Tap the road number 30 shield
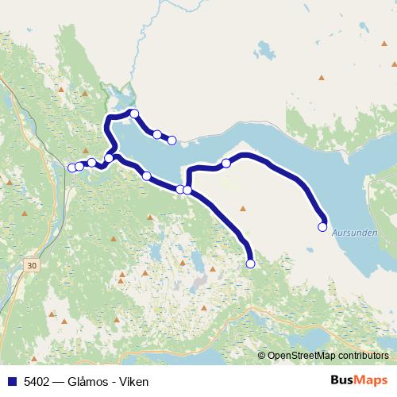pyautogui.click(x=31, y=264)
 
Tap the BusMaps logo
pyautogui.click(x=360, y=381)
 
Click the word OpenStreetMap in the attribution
pyautogui.click(x=299, y=356)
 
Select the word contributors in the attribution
pyautogui.click(x=360, y=356)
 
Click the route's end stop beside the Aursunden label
pyautogui.click(x=322, y=227)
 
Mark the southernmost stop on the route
pyautogui.click(x=250, y=264)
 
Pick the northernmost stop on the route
pyautogui.click(x=135, y=114)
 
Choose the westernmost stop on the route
pyautogui.click(x=72, y=168)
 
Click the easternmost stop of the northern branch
pyautogui.click(x=172, y=141)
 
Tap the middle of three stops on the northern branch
pyautogui.click(x=157, y=134)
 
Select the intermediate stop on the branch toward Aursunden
pyautogui.click(x=226, y=164)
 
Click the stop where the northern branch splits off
pyautogui.click(x=109, y=158)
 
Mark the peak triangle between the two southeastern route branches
pyautogui.click(x=243, y=210)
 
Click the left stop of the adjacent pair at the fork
pyautogui.click(x=179, y=189)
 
